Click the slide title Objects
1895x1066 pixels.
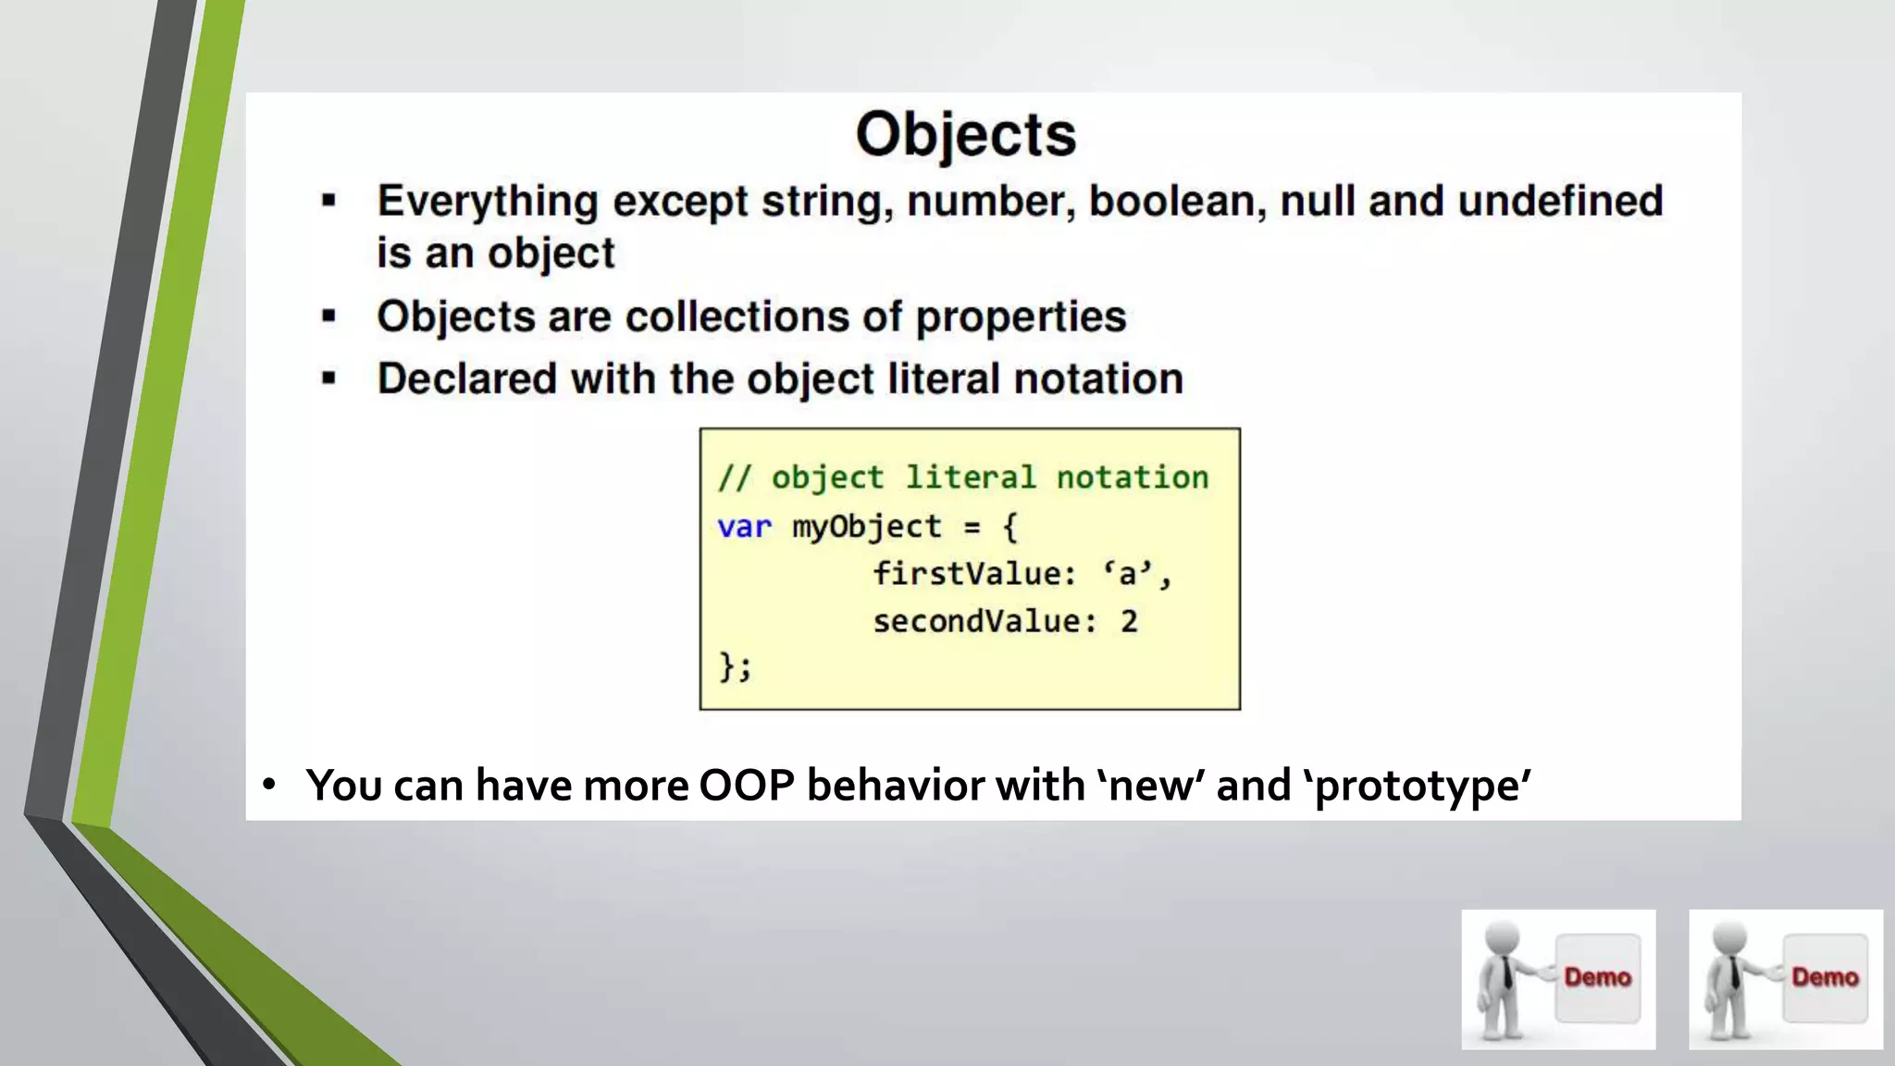point(965,135)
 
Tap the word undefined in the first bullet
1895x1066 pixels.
point(1560,201)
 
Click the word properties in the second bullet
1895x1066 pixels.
point(1021,317)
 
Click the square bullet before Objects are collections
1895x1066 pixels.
point(328,316)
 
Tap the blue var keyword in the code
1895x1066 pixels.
point(744,527)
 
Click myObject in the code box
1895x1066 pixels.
point(866,527)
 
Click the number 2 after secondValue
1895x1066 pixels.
point(1129,621)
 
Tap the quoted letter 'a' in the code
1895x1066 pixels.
point(1127,574)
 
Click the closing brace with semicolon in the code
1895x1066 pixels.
point(736,666)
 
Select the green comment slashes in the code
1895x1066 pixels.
point(734,477)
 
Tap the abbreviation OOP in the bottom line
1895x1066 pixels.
point(747,786)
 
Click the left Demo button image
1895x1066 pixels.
point(1558,979)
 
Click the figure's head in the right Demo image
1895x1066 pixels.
point(1728,938)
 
